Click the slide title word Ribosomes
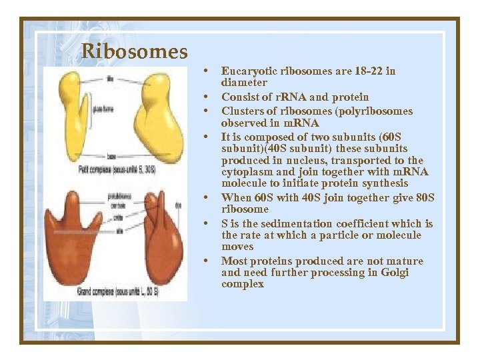pyautogui.click(x=134, y=51)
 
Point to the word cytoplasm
pyautogui.click(x=246, y=172)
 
